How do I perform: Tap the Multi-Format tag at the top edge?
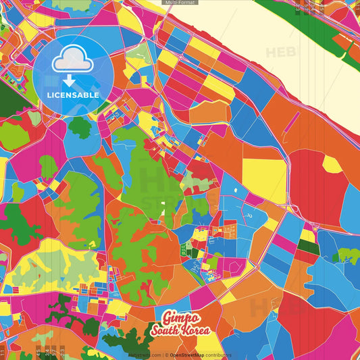[x=180, y=3]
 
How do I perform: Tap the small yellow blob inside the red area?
[x=332, y=164]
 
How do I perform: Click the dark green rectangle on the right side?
[x=309, y=247]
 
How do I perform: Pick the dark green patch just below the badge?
[x=80, y=126]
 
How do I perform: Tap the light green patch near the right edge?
[x=349, y=255]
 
